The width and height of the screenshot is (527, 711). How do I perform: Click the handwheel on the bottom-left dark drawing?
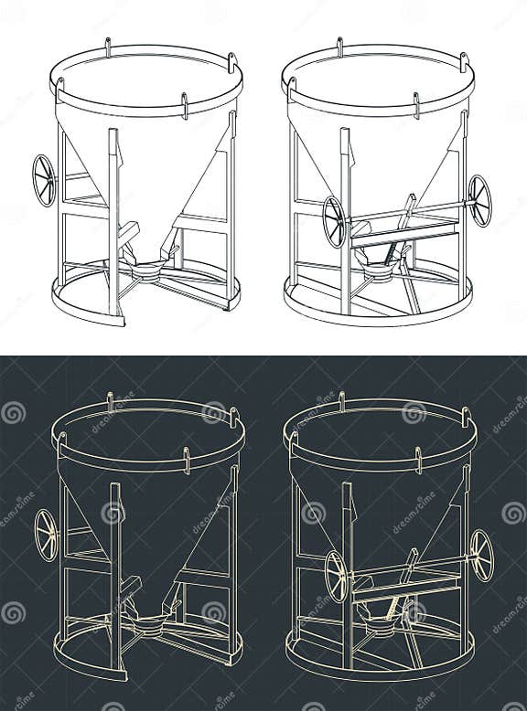(x=46, y=535)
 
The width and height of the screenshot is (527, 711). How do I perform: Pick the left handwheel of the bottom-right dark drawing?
(x=337, y=576)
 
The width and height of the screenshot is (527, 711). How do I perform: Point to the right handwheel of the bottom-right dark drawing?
(x=482, y=555)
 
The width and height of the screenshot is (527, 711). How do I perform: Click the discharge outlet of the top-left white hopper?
(x=145, y=271)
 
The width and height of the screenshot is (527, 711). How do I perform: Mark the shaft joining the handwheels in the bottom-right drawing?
(x=410, y=568)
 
